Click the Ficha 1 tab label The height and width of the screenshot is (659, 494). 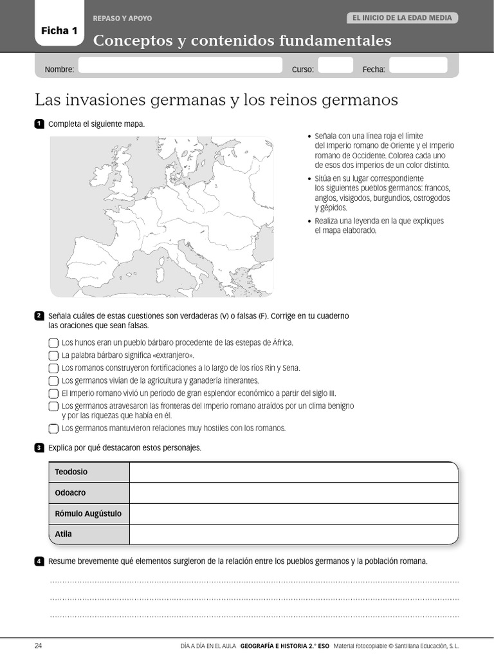coord(59,30)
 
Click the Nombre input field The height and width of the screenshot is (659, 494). coord(180,66)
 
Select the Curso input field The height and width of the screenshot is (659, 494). coord(336,66)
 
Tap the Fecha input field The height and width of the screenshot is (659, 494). coord(418,66)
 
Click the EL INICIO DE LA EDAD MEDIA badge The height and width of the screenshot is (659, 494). coord(403,18)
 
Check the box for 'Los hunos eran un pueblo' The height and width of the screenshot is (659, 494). coord(53,343)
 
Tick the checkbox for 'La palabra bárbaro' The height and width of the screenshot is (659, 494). coord(53,355)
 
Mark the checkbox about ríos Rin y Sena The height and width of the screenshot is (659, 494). coord(53,368)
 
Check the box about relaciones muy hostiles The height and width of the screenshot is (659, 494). coord(53,429)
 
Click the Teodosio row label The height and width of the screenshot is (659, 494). coord(71,472)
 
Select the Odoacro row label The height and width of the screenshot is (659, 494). coord(71,493)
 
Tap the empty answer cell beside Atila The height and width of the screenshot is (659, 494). coord(293,534)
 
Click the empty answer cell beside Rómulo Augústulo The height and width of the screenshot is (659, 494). coord(293,514)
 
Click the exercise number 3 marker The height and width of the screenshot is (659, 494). coord(39,448)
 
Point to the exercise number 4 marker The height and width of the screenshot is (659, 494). coord(39,561)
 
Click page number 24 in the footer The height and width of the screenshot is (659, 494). coord(38,645)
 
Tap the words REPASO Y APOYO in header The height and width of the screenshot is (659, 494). coord(123,19)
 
